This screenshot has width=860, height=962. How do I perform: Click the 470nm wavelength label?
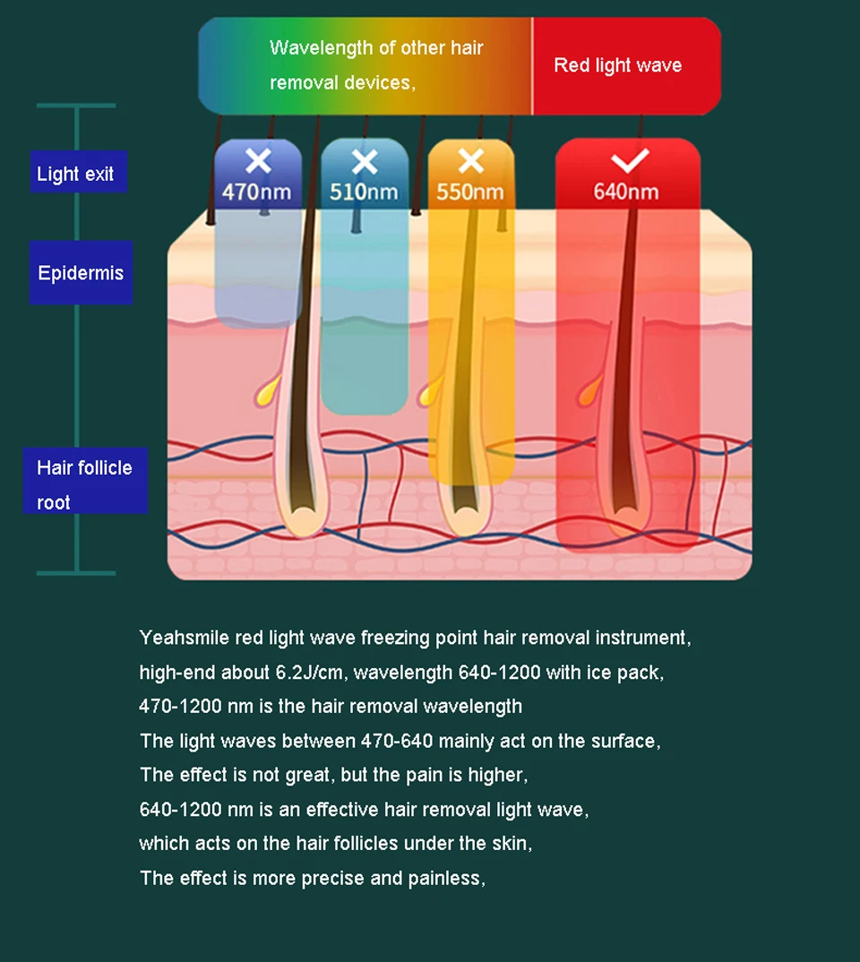[x=257, y=192]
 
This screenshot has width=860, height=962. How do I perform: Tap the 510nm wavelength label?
[x=364, y=192]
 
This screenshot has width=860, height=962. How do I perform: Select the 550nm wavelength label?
[x=470, y=192]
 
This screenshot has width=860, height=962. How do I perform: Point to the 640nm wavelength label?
[x=626, y=192]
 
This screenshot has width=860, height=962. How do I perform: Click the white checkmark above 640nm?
[x=629, y=161]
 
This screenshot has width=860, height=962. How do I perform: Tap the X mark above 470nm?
[x=258, y=161]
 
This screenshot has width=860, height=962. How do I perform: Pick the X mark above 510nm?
[x=365, y=161]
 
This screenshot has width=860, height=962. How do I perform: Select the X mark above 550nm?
[x=470, y=161]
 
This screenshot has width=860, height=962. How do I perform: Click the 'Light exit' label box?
[x=77, y=173]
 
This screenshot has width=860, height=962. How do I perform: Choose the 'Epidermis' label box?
[x=81, y=272]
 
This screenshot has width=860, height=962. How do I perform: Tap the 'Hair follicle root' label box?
[x=85, y=484]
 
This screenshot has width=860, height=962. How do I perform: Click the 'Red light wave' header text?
[x=617, y=65]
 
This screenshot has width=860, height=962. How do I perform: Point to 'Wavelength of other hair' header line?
[x=376, y=47]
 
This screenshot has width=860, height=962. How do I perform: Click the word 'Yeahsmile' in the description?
[x=184, y=638]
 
